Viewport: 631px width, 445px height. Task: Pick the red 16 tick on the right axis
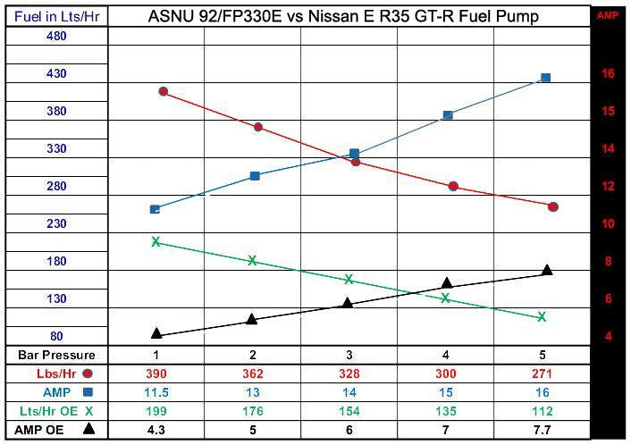point(608,74)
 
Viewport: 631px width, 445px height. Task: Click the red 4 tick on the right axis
point(608,337)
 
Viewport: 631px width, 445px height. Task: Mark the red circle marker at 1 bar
point(163,92)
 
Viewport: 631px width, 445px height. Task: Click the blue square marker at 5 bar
point(545,78)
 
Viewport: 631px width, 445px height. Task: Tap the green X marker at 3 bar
point(349,279)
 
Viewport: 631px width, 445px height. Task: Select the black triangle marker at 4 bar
point(447,283)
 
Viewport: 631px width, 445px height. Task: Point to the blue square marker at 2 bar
point(255,176)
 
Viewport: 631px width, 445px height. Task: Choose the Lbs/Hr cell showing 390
point(156,374)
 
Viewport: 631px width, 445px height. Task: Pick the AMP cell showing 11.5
point(156,392)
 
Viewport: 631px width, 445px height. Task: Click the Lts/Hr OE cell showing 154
point(349,411)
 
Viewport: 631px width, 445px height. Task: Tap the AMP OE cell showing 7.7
point(543,430)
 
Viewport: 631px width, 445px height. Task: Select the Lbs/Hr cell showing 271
point(543,374)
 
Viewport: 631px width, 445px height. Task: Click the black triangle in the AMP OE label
point(88,429)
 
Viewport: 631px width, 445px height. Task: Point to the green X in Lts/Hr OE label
point(88,411)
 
